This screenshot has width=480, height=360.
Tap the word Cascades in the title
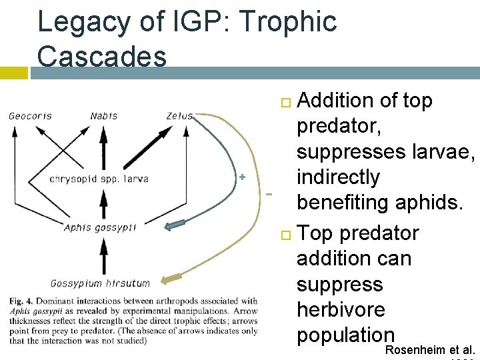pos(102,56)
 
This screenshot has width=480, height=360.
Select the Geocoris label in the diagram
pos(30,116)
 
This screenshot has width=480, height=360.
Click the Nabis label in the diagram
pos(103,116)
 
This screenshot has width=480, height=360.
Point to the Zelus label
pos(179,116)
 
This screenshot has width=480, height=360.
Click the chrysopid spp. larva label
pos(99,179)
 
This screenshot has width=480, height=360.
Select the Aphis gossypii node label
pos(100,227)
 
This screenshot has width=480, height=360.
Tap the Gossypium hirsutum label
pos(100,283)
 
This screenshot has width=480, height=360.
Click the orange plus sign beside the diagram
pos(243,177)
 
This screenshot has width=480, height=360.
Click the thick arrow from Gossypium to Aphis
pos(103,255)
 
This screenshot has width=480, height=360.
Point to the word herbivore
pos(341,309)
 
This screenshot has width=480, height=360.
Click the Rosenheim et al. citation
pos(431,350)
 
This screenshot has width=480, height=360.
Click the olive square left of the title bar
pos(14,72)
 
